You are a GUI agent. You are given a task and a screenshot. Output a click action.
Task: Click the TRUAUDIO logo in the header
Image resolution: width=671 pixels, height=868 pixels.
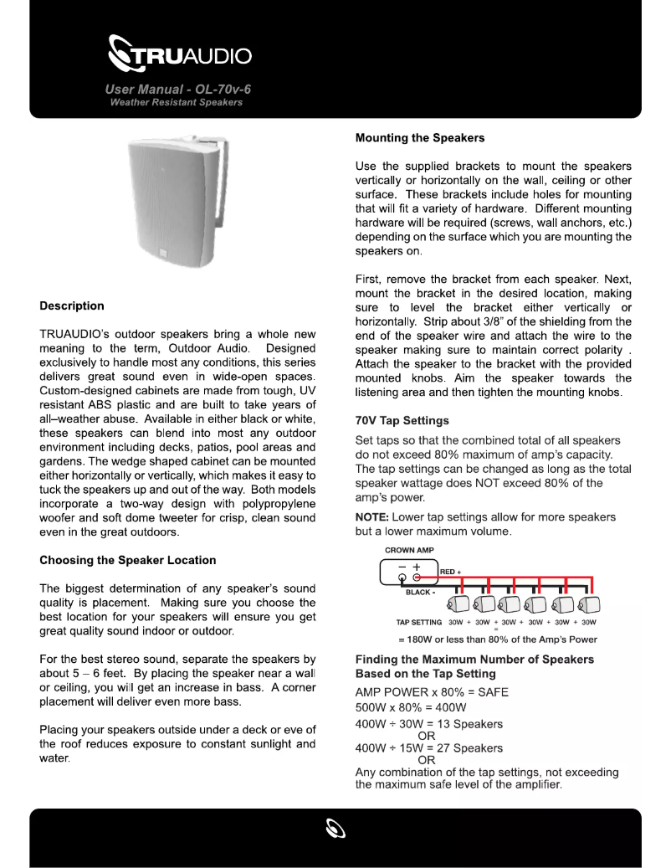[180, 56]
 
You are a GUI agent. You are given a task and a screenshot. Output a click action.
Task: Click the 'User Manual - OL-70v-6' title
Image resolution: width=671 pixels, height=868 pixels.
[178, 89]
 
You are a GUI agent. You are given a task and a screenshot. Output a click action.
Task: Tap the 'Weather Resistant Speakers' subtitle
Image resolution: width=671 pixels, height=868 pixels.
[176, 102]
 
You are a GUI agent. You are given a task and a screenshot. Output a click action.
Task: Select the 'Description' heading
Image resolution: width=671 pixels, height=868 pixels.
[72, 306]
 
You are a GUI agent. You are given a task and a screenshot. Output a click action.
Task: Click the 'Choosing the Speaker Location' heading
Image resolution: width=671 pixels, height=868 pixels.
[127, 560]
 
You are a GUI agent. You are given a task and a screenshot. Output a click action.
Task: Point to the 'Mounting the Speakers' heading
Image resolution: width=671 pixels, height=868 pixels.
[419, 137]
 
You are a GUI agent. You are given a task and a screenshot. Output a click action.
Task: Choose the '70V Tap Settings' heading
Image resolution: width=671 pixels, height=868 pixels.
[402, 420]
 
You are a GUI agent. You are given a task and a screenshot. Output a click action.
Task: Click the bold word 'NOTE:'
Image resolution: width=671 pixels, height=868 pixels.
[372, 517]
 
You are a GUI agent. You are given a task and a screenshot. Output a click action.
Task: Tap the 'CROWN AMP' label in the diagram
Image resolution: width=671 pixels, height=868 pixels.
[409, 551]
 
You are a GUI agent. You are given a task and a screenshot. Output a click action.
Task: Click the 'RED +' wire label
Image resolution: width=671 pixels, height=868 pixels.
[451, 572]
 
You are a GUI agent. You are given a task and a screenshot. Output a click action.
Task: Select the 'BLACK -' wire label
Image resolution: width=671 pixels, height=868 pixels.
[421, 593]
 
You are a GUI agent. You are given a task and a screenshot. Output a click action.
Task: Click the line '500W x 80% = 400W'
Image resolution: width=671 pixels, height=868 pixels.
[411, 707]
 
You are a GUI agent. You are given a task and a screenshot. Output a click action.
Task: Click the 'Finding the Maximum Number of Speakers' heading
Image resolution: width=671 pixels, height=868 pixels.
[474, 659]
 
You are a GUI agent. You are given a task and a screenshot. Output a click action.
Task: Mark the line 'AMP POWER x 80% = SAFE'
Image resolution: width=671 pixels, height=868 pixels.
[432, 692]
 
